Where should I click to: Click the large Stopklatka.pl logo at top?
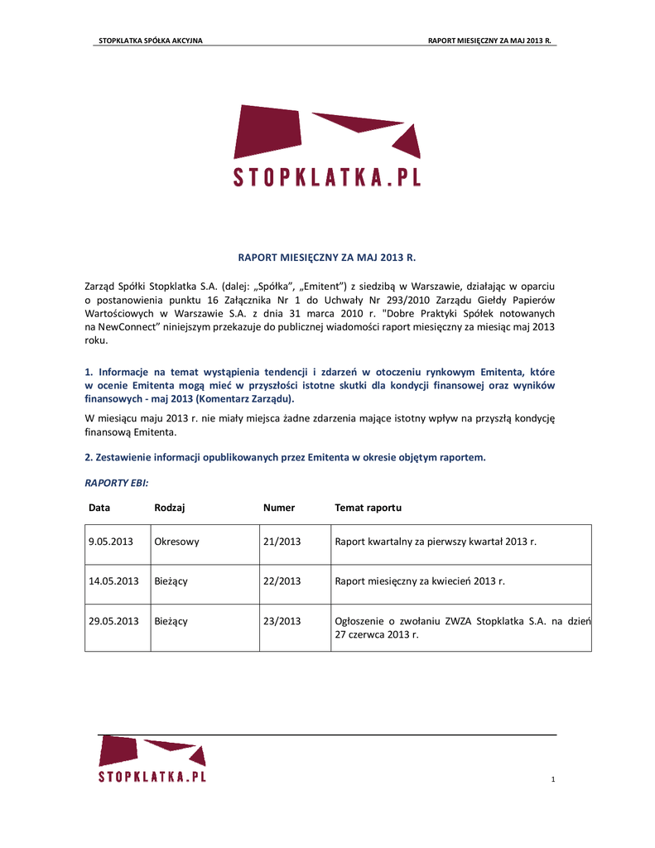(x=327, y=146)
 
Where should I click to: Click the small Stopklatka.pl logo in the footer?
(x=152, y=760)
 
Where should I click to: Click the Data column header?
(x=99, y=508)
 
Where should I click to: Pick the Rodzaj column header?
(x=169, y=508)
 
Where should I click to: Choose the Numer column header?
(x=279, y=508)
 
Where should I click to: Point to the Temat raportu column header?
(x=368, y=508)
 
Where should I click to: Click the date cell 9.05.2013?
(x=111, y=542)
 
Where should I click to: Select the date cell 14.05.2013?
(x=113, y=581)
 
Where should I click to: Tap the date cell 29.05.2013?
(x=113, y=621)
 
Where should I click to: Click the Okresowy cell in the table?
(x=177, y=542)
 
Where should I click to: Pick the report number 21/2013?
(x=282, y=542)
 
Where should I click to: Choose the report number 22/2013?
(x=282, y=581)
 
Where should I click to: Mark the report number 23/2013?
(x=282, y=621)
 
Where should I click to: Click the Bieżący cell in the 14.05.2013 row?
(x=171, y=581)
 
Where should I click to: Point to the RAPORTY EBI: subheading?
(x=117, y=482)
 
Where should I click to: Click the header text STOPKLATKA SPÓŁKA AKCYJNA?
(x=151, y=40)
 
